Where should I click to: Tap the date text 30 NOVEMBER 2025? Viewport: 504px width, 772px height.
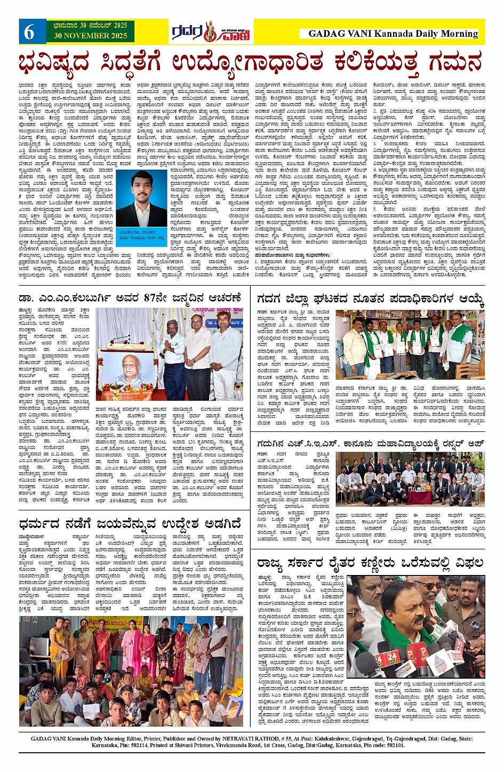[90, 36]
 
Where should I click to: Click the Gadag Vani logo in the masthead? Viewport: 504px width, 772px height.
[211, 32]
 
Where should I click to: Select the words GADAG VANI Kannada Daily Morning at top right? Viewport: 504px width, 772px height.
[393, 34]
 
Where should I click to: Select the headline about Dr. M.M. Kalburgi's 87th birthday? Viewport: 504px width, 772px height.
[130, 298]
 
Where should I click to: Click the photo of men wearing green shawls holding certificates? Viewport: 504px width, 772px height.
[410, 344]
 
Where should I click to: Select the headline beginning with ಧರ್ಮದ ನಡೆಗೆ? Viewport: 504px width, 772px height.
[130, 522]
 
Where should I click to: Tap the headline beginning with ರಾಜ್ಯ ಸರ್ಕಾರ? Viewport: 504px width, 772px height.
[370, 563]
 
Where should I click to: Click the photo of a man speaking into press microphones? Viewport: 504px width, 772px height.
[416, 626]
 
